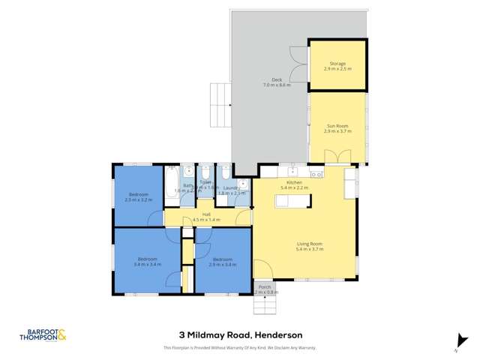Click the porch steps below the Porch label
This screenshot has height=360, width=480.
pos(264,306)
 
